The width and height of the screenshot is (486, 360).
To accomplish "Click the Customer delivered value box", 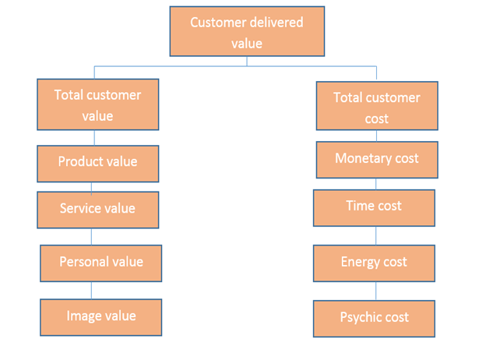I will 246,32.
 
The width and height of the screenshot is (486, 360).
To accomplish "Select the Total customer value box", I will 97,104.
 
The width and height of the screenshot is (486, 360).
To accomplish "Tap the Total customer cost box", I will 376,106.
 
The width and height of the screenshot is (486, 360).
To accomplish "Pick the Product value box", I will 97,163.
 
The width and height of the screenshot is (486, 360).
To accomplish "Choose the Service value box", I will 97,210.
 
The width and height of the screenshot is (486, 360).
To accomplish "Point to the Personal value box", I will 100,263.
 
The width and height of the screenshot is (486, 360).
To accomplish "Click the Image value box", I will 100,317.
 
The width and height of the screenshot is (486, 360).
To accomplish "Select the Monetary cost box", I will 376,160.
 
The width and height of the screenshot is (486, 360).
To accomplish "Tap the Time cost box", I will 374,207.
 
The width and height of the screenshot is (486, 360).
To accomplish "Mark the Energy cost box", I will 374,263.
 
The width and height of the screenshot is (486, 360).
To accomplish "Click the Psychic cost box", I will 374,318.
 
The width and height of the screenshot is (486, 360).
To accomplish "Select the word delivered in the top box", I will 275,22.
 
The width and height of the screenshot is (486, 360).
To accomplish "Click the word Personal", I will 84,262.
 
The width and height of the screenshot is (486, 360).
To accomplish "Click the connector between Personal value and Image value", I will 91,290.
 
